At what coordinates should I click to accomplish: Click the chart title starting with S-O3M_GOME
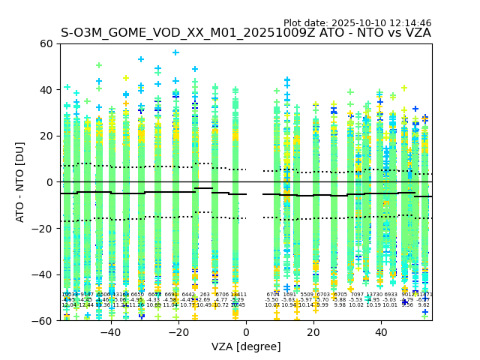coord(245,33)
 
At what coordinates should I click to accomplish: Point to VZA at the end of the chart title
coord(417,33)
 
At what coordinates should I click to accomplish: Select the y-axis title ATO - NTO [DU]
coord(20,182)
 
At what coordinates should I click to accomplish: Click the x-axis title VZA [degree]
coord(245,347)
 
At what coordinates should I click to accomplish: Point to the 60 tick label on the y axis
coord(45,43)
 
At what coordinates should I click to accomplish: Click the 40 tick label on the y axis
coord(45,90)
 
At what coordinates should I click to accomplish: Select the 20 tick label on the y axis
coord(45,136)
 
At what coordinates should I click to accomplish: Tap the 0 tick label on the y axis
coord(49,182)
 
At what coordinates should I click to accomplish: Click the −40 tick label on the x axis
coord(110,332)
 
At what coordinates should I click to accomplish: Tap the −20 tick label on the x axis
coord(178,332)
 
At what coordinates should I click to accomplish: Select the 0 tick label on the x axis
coord(246,332)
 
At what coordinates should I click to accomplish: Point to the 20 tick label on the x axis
coord(314,332)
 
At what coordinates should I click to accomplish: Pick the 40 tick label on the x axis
coord(382,332)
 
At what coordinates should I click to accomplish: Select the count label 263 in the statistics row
coord(205,295)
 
